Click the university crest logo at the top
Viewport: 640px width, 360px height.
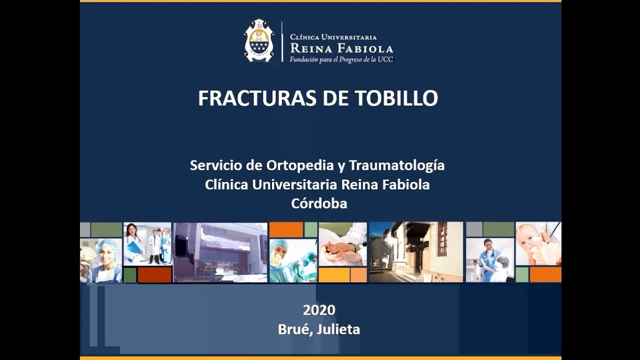pyautogui.click(x=259, y=40)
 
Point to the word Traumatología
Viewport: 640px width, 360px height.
pyautogui.click(x=396, y=165)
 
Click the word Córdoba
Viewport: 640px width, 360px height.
pyautogui.click(x=319, y=203)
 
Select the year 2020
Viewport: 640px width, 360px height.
pyautogui.click(x=319, y=310)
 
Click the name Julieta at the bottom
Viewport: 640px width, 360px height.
pyautogui.click(x=338, y=329)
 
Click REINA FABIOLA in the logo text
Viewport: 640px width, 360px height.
pyautogui.click(x=341, y=48)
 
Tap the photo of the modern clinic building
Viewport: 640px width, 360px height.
pyautogui.click(x=220, y=252)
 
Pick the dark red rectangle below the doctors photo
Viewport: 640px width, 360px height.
pyautogui.click(x=154, y=274)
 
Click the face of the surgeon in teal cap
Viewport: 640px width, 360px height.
pyautogui.click(x=279, y=250)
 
